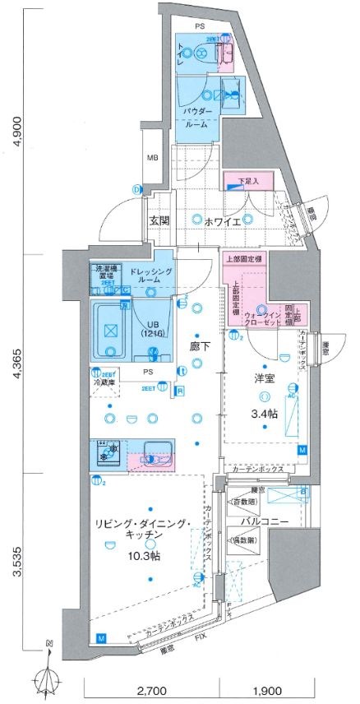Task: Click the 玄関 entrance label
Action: tap(159, 221)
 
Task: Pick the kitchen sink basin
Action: tap(156, 451)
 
